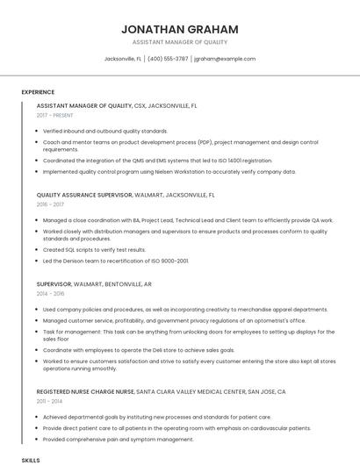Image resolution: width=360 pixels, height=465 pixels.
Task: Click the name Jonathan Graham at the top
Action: tap(179, 29)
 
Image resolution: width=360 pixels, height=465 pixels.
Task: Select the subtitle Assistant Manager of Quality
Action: tap(179, 42)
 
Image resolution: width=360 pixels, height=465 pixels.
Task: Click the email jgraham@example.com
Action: tap(225, 59)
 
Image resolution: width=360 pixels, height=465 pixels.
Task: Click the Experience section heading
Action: tap(38, 92)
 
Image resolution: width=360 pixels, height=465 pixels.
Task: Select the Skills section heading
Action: tap(31, 460)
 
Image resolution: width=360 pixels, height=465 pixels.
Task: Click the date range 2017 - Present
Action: tap(55, 116)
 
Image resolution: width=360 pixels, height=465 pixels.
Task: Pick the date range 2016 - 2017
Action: tap(49, 204)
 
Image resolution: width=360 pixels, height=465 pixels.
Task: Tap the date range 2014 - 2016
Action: tap(49, 294)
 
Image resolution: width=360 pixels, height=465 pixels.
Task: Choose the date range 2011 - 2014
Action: tap(49, 401)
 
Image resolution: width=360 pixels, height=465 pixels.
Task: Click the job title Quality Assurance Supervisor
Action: tap(84, 195)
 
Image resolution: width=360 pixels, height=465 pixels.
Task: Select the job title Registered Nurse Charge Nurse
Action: tap(85, 391)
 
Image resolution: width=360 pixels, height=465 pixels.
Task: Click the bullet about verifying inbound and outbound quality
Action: tap(105, 131)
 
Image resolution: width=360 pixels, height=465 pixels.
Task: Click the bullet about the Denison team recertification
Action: tap(116, 261)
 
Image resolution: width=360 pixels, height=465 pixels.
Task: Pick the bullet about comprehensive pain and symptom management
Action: tap(118, 440)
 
